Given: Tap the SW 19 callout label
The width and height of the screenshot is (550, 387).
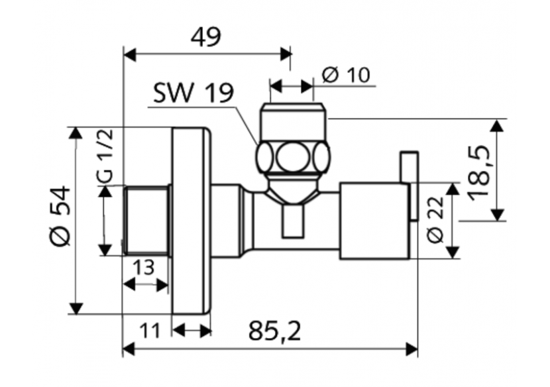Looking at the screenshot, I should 193,93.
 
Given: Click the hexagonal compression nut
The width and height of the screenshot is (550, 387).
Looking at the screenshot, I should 292,158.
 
